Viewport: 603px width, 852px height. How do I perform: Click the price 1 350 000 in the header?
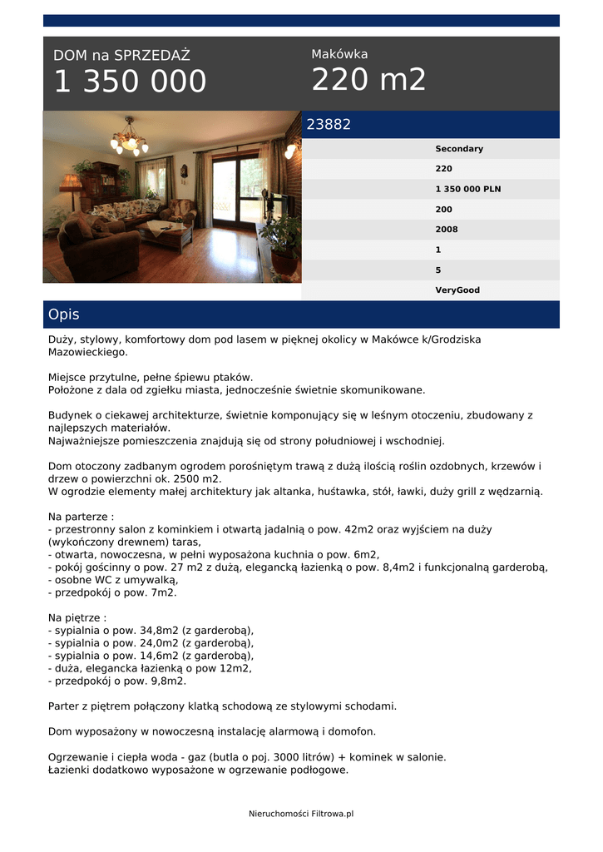[x=130, y=82]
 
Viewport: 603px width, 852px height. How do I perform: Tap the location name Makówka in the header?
[x=339, y=54]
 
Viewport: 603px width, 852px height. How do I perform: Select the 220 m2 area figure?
[x=368, y=80]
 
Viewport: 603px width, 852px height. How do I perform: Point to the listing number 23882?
[x=329, y=125]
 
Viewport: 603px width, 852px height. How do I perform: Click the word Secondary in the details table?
[x=458, y=149]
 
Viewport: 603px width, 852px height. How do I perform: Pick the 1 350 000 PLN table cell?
[x=467, y=189]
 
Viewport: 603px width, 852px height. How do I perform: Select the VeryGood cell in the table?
[x=457, y=290]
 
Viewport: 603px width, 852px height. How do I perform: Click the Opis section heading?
[x=64, y=315]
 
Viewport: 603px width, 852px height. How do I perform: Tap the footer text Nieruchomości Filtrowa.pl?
[x=301, y=814]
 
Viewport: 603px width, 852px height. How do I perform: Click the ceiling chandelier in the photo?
[x=130, y=140]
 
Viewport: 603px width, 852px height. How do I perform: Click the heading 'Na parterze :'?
[x=82, y=516]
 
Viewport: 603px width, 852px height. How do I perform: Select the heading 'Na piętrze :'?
[x=77, y=618]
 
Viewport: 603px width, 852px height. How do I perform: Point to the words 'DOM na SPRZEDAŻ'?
[x=121, y=56]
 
